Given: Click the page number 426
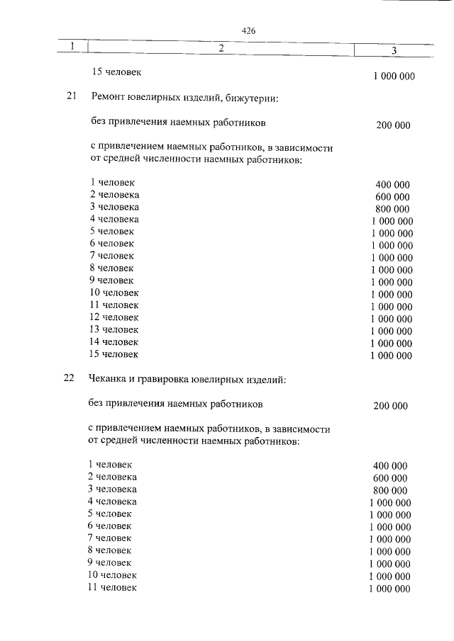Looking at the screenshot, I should click(x=248, y=31).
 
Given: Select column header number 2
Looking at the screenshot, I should click(x=221, y=48).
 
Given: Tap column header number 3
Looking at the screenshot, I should click(x=394, y=50).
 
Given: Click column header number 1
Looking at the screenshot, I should click(x=72, y=47).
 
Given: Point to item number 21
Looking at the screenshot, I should click(x=70, y=97).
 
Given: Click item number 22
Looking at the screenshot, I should click(x=69, y=380).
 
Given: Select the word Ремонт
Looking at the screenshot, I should click(x=109, y=97).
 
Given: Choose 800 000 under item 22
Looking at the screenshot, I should click(x=390, y=490).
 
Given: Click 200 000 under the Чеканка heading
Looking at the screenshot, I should click(x=390, y=406).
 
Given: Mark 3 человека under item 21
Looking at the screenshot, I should click(x=114, y=207).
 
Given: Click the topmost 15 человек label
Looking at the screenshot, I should click(x=118, y=72).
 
